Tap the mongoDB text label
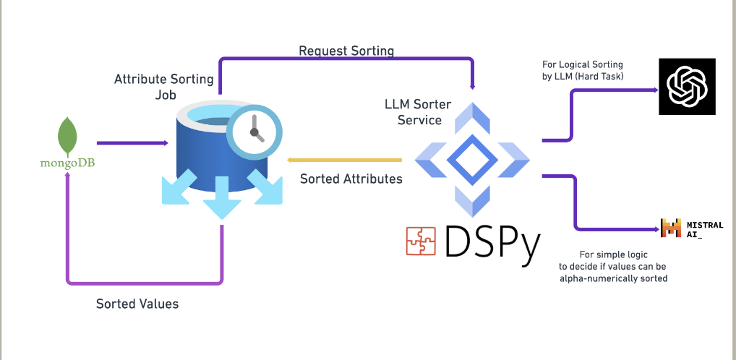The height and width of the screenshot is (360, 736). pos(67,163)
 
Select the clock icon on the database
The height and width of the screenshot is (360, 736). pos(253,132)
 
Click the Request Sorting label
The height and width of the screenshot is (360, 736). pos(346,51)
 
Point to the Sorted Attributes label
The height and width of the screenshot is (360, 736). pos(351,179)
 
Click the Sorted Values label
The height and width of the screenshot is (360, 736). pos(137,304)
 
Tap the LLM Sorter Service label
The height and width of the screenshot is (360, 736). pos(418,112)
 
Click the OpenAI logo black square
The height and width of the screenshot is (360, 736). pos(687,87)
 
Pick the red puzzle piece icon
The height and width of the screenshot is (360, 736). pos(421,241)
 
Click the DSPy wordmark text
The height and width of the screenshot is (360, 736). pos(492,241)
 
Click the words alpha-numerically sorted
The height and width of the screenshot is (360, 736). pos(612,278)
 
